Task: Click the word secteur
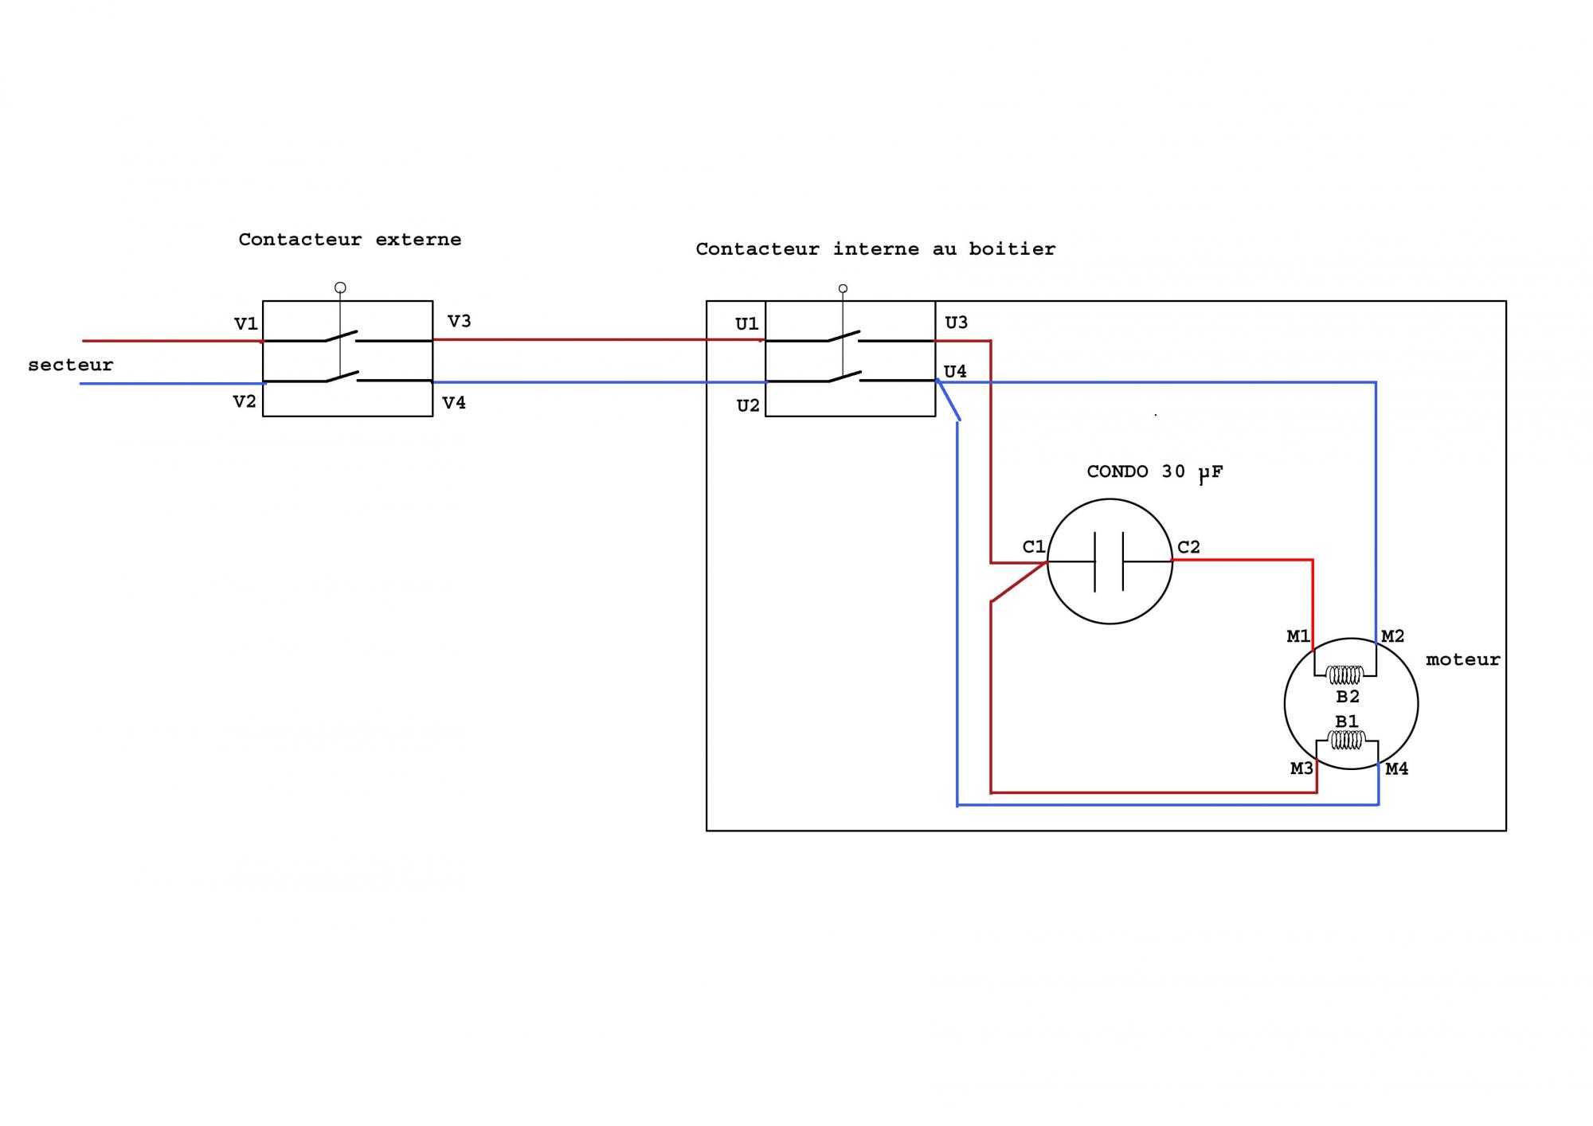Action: [70, 365]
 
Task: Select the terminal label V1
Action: [245, 324]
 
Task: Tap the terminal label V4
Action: [454, 403]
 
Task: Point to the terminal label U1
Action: [746, 324]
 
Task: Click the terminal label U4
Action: [955, 371]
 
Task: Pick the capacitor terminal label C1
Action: [1033, 546]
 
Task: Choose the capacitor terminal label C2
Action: [1188, 546]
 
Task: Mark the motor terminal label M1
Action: [1298, 636]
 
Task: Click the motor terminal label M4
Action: [1396, 768]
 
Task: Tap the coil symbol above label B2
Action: [1345, 675]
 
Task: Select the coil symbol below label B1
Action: [1347, 741]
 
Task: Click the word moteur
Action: [1462, 659]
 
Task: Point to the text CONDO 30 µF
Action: [1154, 472]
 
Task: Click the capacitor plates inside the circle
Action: [1109, 561]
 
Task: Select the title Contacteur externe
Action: [350, 240]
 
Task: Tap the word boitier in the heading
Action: [1012, 249]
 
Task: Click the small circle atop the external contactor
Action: [340, 287]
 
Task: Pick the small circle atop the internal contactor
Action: [843, 288]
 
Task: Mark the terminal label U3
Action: [956, 323]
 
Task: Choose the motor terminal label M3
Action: [1301, 768]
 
